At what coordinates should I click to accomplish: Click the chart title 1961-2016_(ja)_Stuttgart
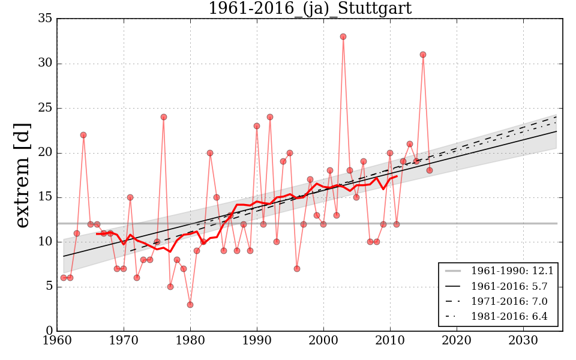click(x=310, y=8)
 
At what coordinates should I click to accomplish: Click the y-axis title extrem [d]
click(x=22, y=175)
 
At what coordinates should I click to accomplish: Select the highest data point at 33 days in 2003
click(x=343, y=37)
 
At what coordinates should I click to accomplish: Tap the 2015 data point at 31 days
click(x=423, y=55)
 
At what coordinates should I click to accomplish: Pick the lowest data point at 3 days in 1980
click(x=190, y=304)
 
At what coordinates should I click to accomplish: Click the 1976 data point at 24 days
click(x=164, y=117)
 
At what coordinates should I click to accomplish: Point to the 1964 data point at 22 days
click(x=83, y=135)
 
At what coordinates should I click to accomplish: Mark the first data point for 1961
click(x=64, y=278)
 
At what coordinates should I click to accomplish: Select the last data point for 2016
click(x=430, y=170)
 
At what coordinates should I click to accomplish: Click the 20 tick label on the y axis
click(x=45, y=153)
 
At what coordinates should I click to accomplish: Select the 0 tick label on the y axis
click(x=49, y=331)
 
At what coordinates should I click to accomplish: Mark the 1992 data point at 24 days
click(x=270, y=117)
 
